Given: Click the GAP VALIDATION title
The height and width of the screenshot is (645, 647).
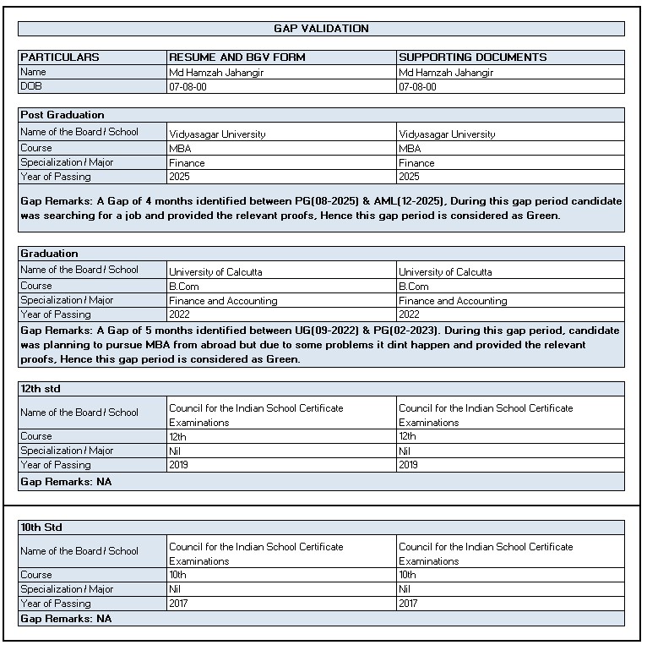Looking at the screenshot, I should click(321, 29).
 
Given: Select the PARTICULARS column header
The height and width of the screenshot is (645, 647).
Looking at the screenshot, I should click(60, 57).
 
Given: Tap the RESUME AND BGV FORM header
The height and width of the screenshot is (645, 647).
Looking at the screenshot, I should click(237, 57).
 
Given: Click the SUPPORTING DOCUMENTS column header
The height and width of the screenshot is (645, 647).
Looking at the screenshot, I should click(472, 57).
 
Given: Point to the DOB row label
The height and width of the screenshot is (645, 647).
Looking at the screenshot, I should click(31, 86).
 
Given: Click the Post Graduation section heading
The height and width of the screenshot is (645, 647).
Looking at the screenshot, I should click(63, 115).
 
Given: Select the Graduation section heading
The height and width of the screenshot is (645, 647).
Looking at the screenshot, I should click(49, 254).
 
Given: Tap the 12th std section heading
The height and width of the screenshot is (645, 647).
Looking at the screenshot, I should click(41, 389).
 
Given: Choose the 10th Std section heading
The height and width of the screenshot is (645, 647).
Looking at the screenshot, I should click(41, 527).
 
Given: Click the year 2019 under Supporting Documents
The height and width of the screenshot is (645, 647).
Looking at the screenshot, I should click(409, 465).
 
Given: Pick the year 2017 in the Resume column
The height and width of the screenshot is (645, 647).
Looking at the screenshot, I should click(179, 604).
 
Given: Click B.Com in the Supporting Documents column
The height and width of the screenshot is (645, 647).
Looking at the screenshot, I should click(413, 287).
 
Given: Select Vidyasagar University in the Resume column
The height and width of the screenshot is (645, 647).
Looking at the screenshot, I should click(217, 134).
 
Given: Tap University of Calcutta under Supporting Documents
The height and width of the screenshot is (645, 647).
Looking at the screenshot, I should click(445, 272).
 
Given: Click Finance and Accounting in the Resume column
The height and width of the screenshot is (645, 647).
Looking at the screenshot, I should click(223, 301).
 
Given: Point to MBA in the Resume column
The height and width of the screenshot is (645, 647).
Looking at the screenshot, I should click(179, 149).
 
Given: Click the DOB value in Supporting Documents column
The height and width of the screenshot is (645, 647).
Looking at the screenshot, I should click(417, 87).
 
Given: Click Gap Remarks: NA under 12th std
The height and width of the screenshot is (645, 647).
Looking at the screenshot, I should click(66, 482).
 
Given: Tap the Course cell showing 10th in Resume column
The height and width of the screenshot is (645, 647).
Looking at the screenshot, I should click(177, 575).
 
